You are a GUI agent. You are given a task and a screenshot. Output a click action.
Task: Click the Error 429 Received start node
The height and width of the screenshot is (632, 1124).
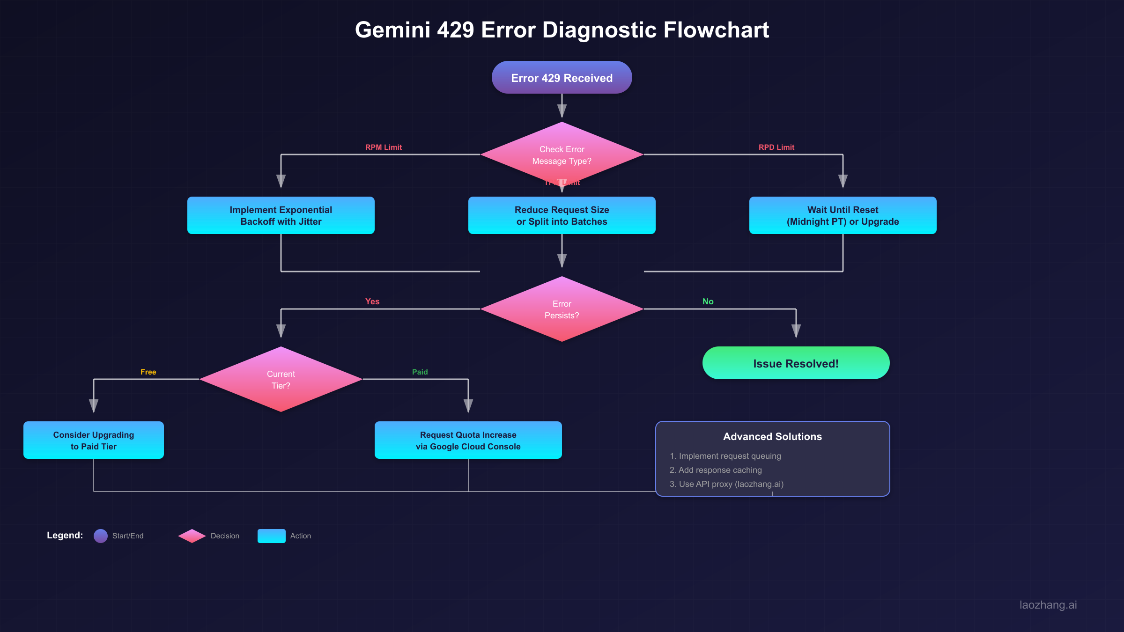point(562,78)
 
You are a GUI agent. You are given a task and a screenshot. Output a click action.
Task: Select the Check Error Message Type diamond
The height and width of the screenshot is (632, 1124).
point(562,155)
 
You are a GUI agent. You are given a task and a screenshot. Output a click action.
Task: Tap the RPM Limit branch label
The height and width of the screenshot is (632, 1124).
point(383,147)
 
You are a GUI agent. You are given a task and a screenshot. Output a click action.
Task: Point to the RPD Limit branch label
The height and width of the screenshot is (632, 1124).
point(776,147)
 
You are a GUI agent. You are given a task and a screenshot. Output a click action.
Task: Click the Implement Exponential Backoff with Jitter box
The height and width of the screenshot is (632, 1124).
point(281,215)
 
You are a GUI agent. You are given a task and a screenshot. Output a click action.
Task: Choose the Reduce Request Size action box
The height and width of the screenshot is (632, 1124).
point(562,215)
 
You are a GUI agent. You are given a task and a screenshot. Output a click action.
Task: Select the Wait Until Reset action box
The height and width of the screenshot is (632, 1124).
point(843,215)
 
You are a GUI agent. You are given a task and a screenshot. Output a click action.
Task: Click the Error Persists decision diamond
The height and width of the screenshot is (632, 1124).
point(562,309)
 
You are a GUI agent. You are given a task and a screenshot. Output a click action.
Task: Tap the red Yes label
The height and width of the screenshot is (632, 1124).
point(372,301)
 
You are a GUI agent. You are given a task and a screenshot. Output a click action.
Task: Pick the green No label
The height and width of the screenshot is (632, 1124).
point(708,301)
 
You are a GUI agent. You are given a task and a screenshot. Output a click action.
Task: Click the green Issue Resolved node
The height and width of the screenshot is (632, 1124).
point(796,363)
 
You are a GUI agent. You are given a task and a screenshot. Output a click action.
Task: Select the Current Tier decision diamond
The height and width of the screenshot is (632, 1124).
point(281,380)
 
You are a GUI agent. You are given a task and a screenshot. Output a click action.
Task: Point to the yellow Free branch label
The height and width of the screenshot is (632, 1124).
point(148,372)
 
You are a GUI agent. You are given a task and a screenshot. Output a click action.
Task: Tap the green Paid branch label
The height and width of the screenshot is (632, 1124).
point(420,372)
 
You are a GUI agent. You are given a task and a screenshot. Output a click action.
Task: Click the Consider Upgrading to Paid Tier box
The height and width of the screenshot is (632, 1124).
point(93,440)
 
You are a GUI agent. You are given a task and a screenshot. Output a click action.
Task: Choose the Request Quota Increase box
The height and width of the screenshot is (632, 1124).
point(468,440)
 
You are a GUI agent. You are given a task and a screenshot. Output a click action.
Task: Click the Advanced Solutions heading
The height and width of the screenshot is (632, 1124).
point(772,436)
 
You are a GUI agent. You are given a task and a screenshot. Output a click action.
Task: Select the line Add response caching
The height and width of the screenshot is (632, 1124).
point(716,470)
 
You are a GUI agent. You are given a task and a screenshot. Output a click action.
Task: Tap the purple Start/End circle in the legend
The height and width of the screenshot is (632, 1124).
point(101,536)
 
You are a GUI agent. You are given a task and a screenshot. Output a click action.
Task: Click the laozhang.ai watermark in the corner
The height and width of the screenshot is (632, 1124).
point(1048,605)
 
